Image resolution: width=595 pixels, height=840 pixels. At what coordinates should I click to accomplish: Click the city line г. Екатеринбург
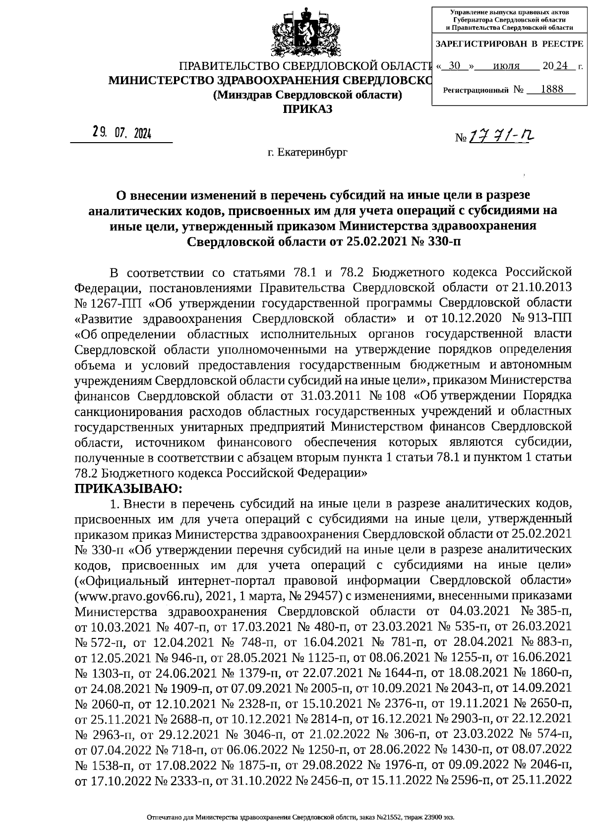307,152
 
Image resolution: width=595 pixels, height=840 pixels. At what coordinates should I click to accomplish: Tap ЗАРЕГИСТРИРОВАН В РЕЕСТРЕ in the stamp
509,44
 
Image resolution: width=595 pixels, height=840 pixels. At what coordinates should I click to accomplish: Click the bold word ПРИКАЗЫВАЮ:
128,488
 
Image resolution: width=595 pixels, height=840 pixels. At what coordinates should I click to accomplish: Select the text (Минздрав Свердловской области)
307,95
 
